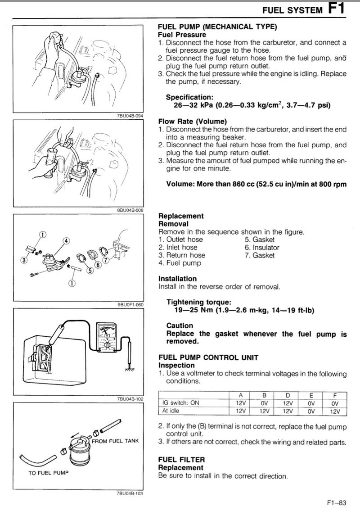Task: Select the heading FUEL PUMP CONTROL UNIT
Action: pyautogui.click(x=208, y=357)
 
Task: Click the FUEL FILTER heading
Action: pyautogui.click(x=181, y=460)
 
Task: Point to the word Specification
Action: pyautogui.click(x=189, y=97)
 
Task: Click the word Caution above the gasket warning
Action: pyautogui.click(x=180, y=326)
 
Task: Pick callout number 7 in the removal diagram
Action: pyautogui.click(x=105, y=260)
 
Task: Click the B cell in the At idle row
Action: pyautogui.click(x=264, y=411)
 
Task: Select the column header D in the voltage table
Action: pyautogui.click(x=288, y=396)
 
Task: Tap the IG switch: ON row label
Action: pyautogui.click(x=180, y=403)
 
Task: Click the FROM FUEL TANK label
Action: pyautogui.click(x=115, y=441)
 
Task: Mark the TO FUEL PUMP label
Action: pyautogui.click(x=49, y=473)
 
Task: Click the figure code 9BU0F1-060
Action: pyautogui.click(x=130, y=305)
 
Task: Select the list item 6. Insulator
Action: pyautogui.click(x=262, y=247)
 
